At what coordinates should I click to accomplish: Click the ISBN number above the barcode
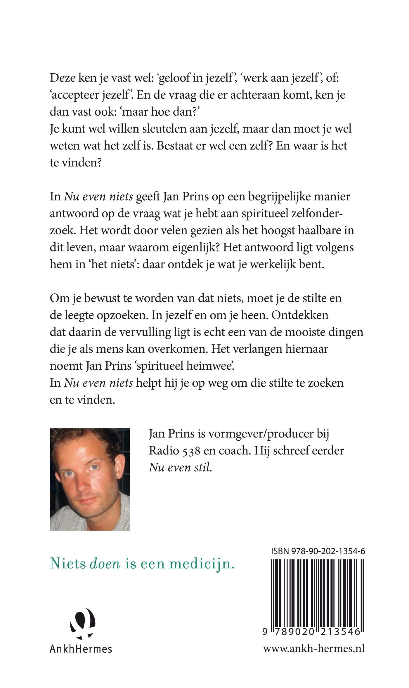(318, 551)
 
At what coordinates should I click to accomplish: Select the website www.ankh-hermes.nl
(314, 649)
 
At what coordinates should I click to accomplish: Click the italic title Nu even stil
(180, 468)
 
